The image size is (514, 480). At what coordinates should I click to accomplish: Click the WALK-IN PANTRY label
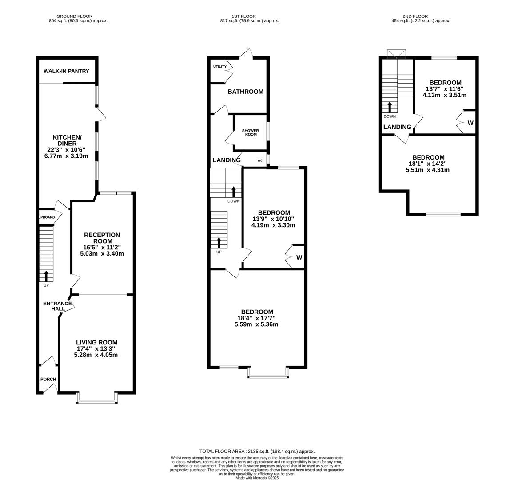[66, 71]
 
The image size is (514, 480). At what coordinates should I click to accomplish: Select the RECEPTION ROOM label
[102, 238]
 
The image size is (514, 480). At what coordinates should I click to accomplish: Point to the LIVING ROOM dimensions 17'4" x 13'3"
[96, 349]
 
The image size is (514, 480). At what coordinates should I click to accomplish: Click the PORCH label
[48, 380]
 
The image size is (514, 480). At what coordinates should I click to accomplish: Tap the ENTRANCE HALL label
[57, 306]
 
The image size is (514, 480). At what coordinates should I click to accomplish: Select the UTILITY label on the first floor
[219, 67]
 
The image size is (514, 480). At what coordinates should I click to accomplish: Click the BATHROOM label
[245, 92]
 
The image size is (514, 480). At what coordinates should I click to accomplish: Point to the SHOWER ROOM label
[251, 132]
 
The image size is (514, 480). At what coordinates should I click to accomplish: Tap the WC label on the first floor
[260, 160]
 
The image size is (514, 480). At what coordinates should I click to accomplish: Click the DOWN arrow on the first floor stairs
[234, 192]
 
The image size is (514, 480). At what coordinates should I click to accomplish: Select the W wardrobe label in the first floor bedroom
[299, 257]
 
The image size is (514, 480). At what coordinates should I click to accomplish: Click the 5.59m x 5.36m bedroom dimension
[256, 324]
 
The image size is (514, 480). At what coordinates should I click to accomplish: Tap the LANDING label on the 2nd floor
[397, 127]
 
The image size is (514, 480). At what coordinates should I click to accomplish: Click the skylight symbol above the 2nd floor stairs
[397, 54]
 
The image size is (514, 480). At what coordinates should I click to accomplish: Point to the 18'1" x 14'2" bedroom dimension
[428, 164]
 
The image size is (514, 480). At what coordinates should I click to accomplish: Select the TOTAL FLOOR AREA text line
[257, 451]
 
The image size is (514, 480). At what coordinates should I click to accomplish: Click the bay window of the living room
[97, 401]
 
